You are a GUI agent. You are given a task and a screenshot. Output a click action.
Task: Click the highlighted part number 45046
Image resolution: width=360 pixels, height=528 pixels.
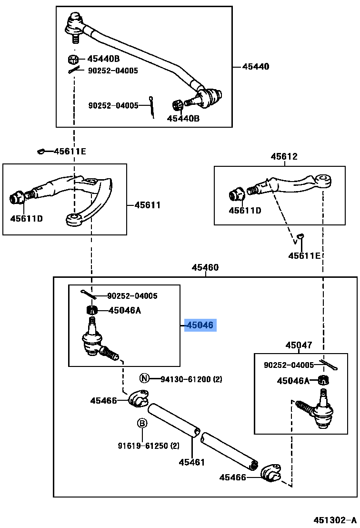tap(200, 325)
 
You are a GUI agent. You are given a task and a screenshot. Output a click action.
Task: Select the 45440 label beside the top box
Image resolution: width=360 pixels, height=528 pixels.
tap(256, 67)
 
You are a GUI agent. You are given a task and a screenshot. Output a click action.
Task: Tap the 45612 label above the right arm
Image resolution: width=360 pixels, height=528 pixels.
tap(284, 157)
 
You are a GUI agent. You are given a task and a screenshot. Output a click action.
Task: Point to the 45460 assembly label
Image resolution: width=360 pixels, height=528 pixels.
tap(205, 268)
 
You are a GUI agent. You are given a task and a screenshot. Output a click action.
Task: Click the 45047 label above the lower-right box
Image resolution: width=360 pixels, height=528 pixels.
tap(299, 345)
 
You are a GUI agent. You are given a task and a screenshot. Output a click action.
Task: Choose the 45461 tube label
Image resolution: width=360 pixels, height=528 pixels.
tap(192, 462)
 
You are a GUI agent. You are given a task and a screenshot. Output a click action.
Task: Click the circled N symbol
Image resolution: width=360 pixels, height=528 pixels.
tap(144, 378)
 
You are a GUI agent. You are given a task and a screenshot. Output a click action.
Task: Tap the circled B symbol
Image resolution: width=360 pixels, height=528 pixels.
tap(142, 423)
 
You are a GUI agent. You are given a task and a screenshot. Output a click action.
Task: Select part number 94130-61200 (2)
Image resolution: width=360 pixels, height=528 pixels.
tap(191, 379)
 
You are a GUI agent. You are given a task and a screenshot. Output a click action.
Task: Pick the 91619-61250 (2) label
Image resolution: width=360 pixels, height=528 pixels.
tap(149, 446)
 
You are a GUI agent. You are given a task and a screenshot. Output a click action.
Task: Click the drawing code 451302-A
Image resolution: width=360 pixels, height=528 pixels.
tap(335, 520)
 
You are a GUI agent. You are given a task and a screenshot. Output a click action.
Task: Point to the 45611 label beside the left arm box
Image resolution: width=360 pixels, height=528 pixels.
tap(147, 205)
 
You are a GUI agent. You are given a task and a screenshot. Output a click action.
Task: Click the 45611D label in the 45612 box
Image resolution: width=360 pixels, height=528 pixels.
tap(245, 211)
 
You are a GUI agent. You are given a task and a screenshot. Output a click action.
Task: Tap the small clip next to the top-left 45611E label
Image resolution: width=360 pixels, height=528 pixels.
tap(41, 151)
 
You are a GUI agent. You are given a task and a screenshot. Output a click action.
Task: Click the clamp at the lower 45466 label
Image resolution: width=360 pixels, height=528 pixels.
tap(271, 473)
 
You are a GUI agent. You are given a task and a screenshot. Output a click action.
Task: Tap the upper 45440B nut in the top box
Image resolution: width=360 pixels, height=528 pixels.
tap(73, 60)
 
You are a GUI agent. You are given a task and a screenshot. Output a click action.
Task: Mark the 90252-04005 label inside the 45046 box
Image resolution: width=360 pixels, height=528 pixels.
tap(132, 296)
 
